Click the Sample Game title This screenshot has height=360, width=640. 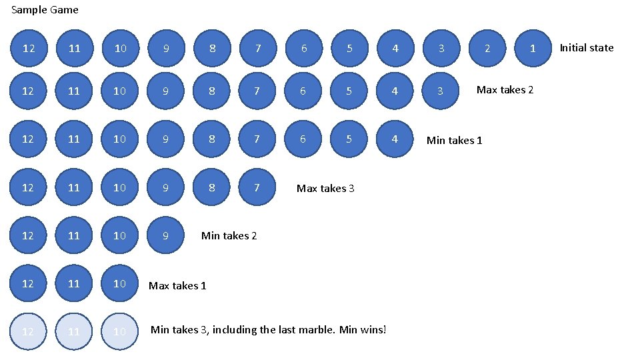(45, 10)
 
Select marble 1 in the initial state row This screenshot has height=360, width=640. (532, 48)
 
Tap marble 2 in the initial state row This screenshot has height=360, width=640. (487, 48)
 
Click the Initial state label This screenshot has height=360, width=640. (586, 47)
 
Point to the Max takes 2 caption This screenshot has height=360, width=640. (505, 90)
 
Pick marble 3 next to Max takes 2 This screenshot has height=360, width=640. (441, 91)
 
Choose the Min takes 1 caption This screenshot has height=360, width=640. (454, 140)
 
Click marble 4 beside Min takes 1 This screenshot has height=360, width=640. (395, 139)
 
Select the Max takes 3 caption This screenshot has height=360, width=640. (325, 188)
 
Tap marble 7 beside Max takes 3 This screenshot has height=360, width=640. (257, 187)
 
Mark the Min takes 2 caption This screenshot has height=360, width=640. (229, 235)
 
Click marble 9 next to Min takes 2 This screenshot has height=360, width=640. (165, 235)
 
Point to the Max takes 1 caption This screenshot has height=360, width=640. (177, 285)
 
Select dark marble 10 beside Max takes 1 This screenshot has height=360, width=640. (119, 283)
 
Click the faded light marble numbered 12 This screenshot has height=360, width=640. (28, 331)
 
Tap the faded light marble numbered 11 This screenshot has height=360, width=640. (74, 331)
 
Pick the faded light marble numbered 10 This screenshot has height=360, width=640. (119, 331)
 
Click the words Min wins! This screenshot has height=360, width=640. (363, 329)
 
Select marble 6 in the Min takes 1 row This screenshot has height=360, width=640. (303, 139)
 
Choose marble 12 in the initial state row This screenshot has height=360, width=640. (28, 48)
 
